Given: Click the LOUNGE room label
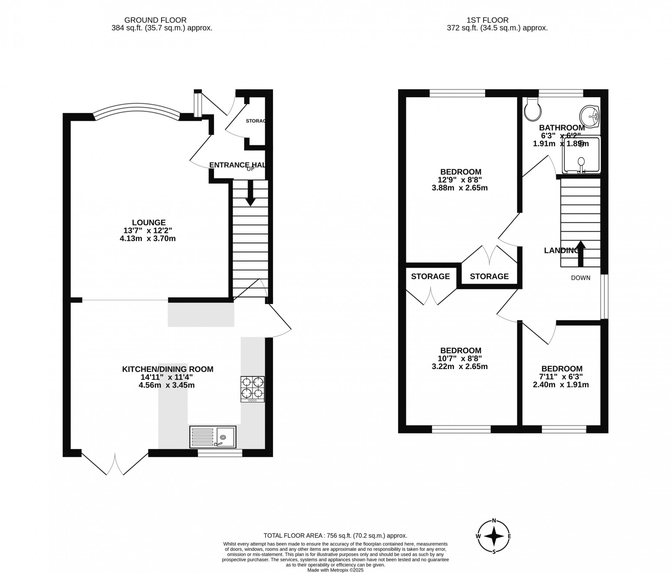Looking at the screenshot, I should (148, 223).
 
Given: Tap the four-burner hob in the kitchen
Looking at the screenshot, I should (252, 389).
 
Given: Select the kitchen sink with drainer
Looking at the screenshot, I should (213, 437).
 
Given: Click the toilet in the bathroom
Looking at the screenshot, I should (533, 110).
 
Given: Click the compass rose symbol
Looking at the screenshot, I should (494, 536).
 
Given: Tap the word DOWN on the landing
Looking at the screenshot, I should (580, 278).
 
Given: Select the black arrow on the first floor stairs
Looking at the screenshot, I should (581, 253).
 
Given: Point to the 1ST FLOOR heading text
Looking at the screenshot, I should (487, 20).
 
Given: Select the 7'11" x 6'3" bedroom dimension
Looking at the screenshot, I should (561, 377).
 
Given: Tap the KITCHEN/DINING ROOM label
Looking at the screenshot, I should (167, 369).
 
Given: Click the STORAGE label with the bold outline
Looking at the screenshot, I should (489, 276).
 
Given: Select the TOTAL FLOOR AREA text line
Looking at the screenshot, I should (335, 536).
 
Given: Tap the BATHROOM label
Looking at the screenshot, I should (562, 128).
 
